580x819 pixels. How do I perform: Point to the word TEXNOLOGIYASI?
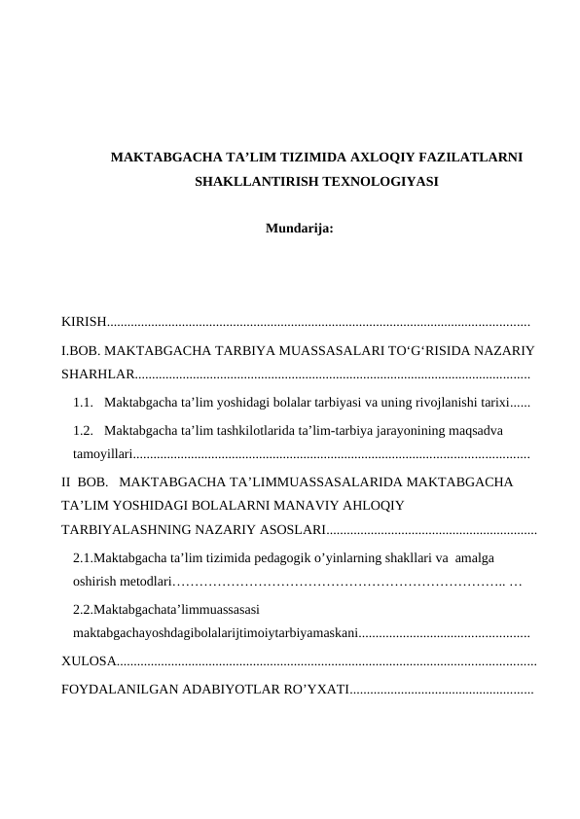click(374, 181)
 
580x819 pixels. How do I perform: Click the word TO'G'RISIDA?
click(402, 348)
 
